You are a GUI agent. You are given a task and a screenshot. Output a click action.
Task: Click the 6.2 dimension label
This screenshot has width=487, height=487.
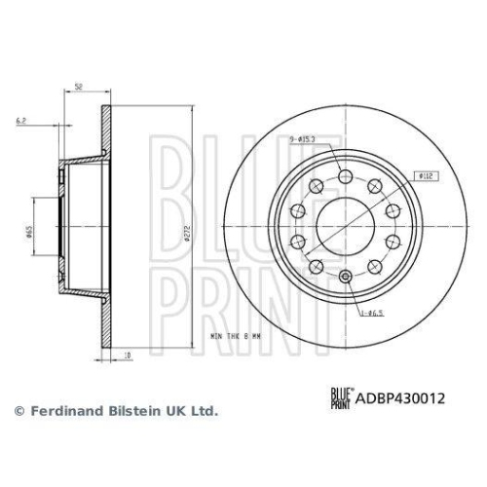[x=21, y=121]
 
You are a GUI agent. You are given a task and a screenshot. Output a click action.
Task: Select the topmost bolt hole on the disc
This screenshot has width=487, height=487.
[x=348, y=175]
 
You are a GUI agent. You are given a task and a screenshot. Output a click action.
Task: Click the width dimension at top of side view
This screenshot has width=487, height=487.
[x=78, y=88]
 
